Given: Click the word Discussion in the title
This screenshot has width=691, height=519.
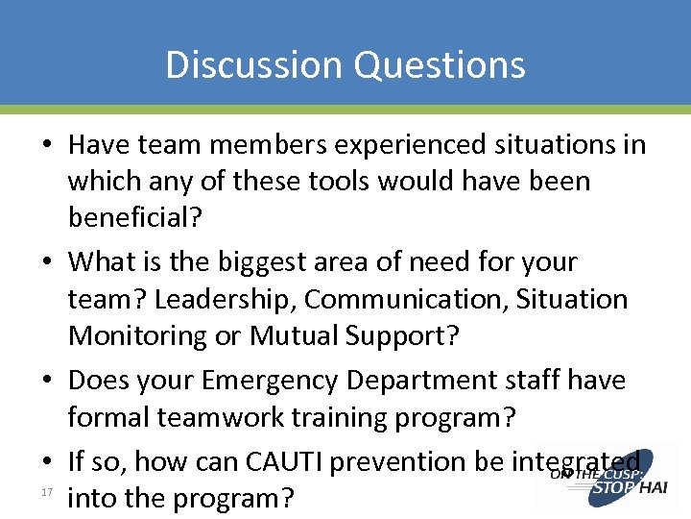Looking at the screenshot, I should pos(253,64).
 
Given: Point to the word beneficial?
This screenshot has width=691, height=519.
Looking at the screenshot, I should pos(135,218).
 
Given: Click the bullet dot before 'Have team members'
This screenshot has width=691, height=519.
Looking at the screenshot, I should pos(48,145).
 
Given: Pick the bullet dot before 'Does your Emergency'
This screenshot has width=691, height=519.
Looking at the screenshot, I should pos(48,381).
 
